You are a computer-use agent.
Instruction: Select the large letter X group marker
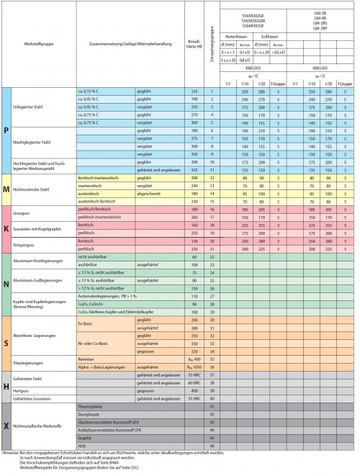(7, 426)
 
